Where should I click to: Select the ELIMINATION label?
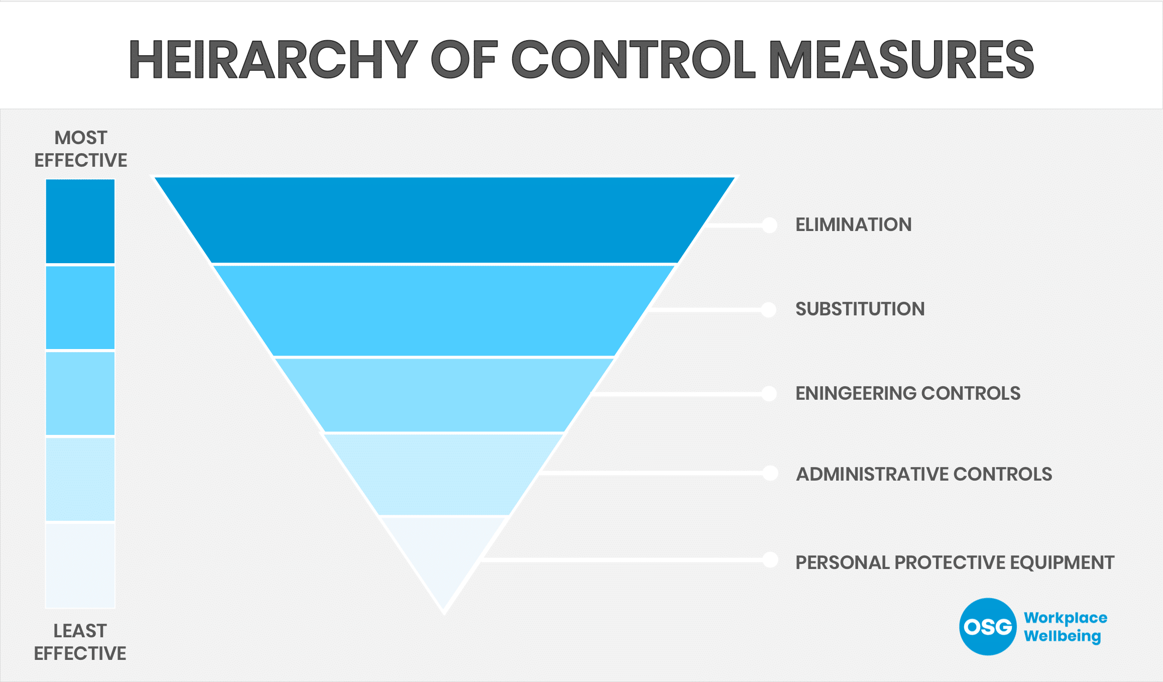pyautogui.click(x=853, y=224)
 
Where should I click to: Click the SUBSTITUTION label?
pyautogui.click(x=860, y=309)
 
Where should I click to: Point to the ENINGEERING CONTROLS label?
pyautogui.click(x=907, y=393)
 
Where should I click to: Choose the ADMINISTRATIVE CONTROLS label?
pyautogui.click(x=923, y=474)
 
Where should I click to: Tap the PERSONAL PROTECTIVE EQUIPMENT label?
pyautogui.click(x=955, y=562)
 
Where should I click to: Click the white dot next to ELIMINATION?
pyautogui.click(x=769, y=225)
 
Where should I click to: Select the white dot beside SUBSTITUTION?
pyautogui.click(x=769, y=309)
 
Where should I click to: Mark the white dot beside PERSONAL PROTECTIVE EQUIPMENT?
pyautogui.click(x=770, y=559)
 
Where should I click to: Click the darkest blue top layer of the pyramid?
pyautogui.click(x=444, y=219)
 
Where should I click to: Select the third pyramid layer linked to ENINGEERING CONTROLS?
pyautogui.click(x=444, y=395)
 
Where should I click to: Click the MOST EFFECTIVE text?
pyautogui.click(x=80, y=149)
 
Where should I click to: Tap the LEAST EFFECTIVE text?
pyautogui.click(x=80, y=642)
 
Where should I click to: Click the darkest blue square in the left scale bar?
pyautogui.click(x=80, y=221)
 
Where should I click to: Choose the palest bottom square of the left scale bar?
pyautogui.click(x=80, y=565)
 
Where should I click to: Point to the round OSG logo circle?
pyautogui.click(x=987, y=626)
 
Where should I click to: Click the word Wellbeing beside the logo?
pyautogui.click(x=1062, y=636)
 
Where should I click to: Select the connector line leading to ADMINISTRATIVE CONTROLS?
pyautogui.click(x=653, y=473)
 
